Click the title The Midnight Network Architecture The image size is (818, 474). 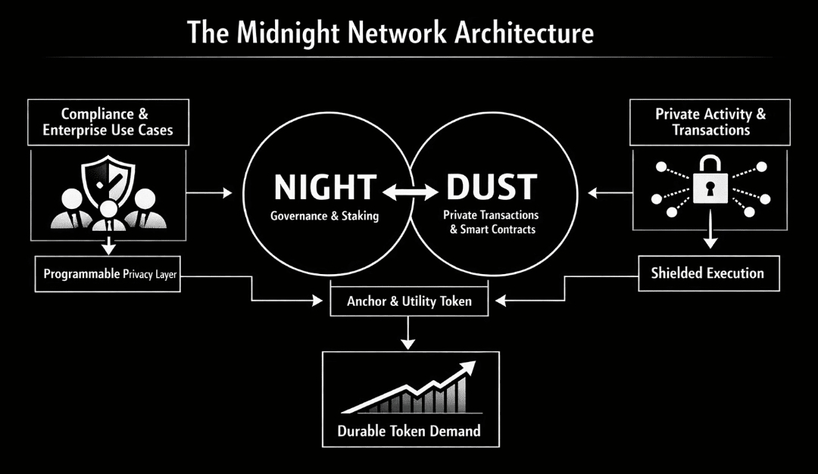[390, 33]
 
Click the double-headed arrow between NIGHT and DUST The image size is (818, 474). [408, 195]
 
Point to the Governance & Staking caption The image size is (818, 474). [324, 216]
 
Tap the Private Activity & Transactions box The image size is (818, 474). [710, 121]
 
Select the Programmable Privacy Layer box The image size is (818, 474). [111, 274]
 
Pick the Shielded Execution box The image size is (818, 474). [707, 273]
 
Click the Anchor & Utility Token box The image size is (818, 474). [409, 301]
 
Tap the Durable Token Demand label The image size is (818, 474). [409, 432]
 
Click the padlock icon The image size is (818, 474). [710, 184]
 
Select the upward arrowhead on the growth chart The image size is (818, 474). [467, 367]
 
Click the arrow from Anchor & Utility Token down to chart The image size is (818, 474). [409, 332]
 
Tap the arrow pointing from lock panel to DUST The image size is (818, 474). [609, 195]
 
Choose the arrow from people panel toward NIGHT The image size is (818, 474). [209, 195]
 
